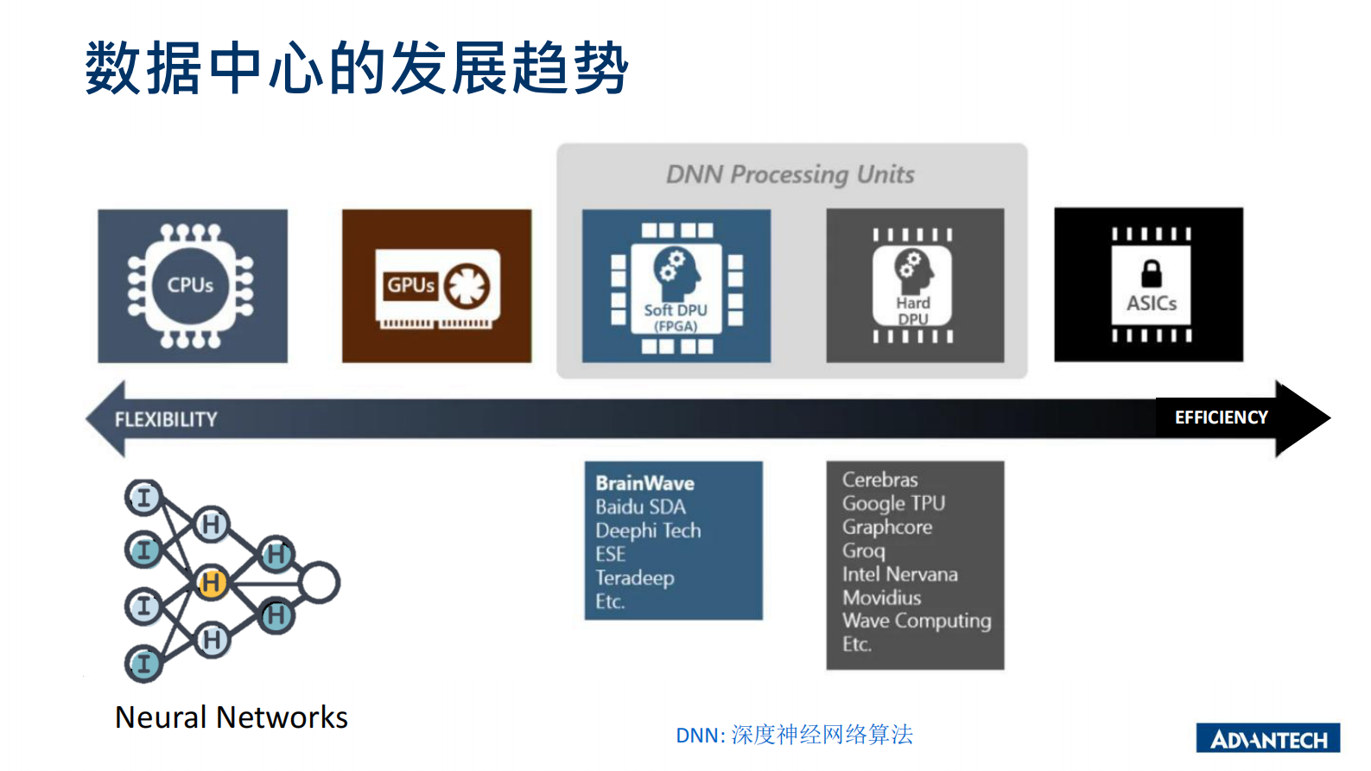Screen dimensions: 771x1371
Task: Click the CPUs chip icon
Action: pyautogui.click(x=191, y=286)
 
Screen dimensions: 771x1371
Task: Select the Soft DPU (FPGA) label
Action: pyautogui.click(x=676, y=317)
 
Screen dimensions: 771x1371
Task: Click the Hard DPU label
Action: pyautogui.click(x=913, y=310)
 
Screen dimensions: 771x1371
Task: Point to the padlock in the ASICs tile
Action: pyautogui.click(x=1152, y=274)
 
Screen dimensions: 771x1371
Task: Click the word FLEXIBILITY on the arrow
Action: pyautogui.click(x=166, y=420)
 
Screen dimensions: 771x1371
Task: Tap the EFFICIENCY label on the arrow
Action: pyautogui.click(x=1221, y=417)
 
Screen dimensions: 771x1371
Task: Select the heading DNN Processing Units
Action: pyautogui.click(x=790, y=175)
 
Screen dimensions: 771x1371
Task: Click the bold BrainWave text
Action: pyautogui.click(x=644, y=483)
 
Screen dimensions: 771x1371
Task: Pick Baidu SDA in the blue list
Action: pyautogui.click(x=640, y=507)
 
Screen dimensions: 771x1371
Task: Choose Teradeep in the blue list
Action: pyautogui.click(x=634, y=578)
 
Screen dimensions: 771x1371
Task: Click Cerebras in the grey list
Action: pyautogui.click(x=879, y=480)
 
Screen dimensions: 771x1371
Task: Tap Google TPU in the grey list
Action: pyautogui.click(x=893, y=503)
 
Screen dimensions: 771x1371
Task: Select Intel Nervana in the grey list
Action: pyautogui.click(x=899, y=575)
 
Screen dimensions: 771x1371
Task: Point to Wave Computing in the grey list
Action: pyautogui.click(x=917, y=621)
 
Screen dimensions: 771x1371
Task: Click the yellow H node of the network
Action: pyautogui.click(x=212, y=583)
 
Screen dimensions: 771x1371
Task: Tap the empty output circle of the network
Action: pyautogui.click(x=319, y=583)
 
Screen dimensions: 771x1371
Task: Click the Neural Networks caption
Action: pyautogui.click(x=232, y=717)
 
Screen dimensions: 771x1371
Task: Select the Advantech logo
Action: pyautogui.click(x=1267, y=738)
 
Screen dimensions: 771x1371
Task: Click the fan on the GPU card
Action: pyautogui.click(x=467, y=285)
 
